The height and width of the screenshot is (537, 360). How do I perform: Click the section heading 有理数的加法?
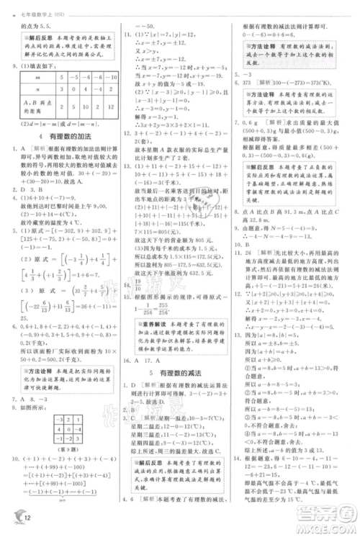(64, 137)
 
